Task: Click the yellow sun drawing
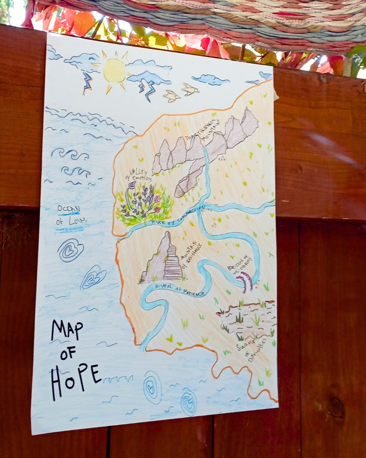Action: pyautogui.click(x=115, y=70)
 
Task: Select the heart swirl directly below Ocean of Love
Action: pyautogui.click(x=70, y=250)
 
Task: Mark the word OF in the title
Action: pyautogui.click(x=68, y=353)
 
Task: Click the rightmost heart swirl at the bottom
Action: pyautogui.click(x=189, y=402)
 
